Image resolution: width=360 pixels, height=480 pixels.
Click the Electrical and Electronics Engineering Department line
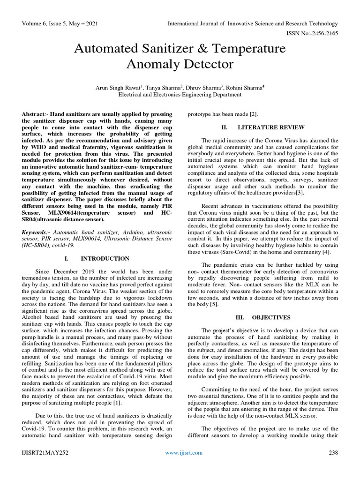click(180, 94)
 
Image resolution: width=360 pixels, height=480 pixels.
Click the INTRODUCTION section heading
click(105, 258)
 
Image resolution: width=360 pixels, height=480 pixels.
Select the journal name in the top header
click(253, 23)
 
